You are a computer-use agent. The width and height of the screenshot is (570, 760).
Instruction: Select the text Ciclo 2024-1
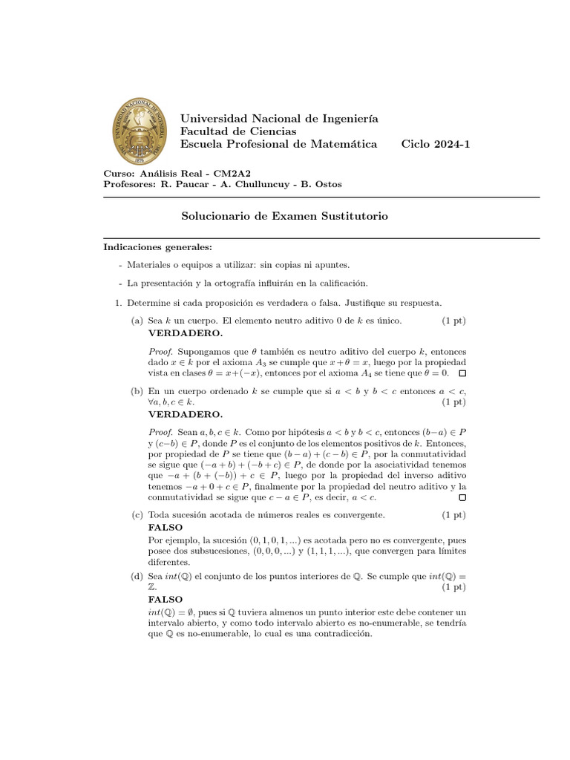tap(435, 144)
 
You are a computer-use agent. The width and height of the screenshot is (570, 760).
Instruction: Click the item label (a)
tap(137, 321)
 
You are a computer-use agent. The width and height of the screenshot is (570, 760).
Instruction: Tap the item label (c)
tap(137, 514)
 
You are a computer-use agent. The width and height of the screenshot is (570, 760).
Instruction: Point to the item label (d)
tap(137, 575)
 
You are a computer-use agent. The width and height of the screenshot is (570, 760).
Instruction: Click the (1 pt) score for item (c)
tap(453, 514)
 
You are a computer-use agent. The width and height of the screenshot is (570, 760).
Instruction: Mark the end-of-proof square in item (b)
tap(462, 497)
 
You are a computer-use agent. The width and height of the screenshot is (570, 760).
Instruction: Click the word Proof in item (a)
tap(160, 350)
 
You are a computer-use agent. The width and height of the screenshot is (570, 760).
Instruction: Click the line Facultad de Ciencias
tap(234, 131)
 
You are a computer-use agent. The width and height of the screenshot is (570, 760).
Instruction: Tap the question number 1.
tap(118, 303)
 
